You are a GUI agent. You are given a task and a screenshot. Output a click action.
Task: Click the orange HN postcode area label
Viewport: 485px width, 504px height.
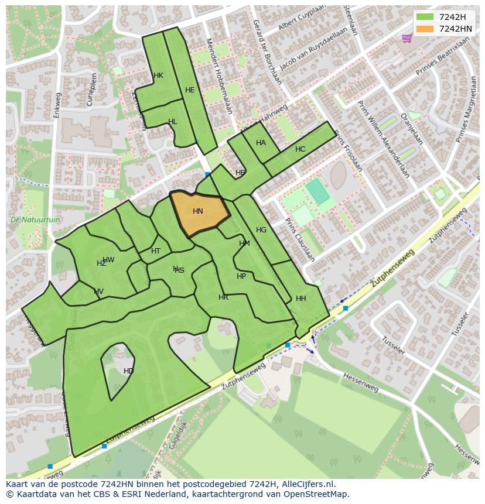(x=198, y=211)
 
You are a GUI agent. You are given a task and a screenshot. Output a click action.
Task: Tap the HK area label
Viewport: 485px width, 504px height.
(x=158, y=76)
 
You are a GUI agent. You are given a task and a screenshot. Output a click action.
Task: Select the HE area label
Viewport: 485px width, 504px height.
(x=190, y=90)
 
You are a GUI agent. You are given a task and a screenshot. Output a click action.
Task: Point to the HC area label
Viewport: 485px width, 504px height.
(x=300, y=149)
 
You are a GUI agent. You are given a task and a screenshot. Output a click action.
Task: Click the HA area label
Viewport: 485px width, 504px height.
(x=261, y=143)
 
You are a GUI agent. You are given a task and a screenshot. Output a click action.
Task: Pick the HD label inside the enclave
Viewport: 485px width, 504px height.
(x=128, y=371)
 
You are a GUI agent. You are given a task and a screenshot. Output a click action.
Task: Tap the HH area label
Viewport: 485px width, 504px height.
(x=301, y=299)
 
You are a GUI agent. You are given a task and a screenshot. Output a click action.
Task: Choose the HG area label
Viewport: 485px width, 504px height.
(x=261, y=230)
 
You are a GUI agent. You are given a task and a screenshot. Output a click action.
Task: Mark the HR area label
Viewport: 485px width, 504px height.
(x=223, y=297)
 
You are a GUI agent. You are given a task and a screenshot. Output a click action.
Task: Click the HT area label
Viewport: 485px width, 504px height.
(x=156, y=251)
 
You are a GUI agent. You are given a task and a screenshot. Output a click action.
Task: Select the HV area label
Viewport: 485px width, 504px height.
(x=98, y=292)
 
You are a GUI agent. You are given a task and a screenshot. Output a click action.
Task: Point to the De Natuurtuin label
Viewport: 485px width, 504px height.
(x=35, y=220)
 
